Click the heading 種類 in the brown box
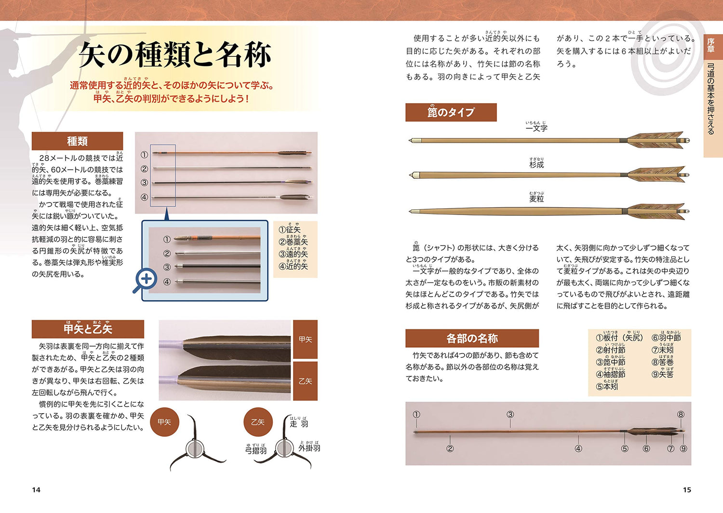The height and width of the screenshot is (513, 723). (x=77, y=141)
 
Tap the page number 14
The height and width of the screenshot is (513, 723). (x=36, y=490)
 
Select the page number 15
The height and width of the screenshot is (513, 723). (x=687, y=490)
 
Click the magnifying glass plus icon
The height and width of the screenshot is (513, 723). (x=146, y=279)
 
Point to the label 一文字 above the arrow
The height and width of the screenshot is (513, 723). (x=536, y=128)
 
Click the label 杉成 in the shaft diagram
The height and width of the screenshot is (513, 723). (x=536, y=164)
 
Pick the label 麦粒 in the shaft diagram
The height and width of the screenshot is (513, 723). (x=536, y=199)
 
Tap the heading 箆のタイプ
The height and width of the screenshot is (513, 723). (x=451, y=112)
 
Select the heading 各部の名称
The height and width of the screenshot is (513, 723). (x=472, y=338)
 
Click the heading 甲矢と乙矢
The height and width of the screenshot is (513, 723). (x=88, y=329)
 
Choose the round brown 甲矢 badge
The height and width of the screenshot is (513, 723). (x=164, y=422)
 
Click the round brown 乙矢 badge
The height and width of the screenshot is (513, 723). (x=258, y=422)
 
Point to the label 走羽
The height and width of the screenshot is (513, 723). (x=299, y=424)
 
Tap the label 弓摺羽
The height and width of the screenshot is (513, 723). (x=256, y=450)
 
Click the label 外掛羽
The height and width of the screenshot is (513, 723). (x=309, y=448)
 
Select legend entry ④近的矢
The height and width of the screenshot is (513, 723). (x=294, y=266)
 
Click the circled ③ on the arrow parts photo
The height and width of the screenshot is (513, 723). (x=510, y=414)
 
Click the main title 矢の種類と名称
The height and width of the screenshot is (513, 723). (x=175, y=55)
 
